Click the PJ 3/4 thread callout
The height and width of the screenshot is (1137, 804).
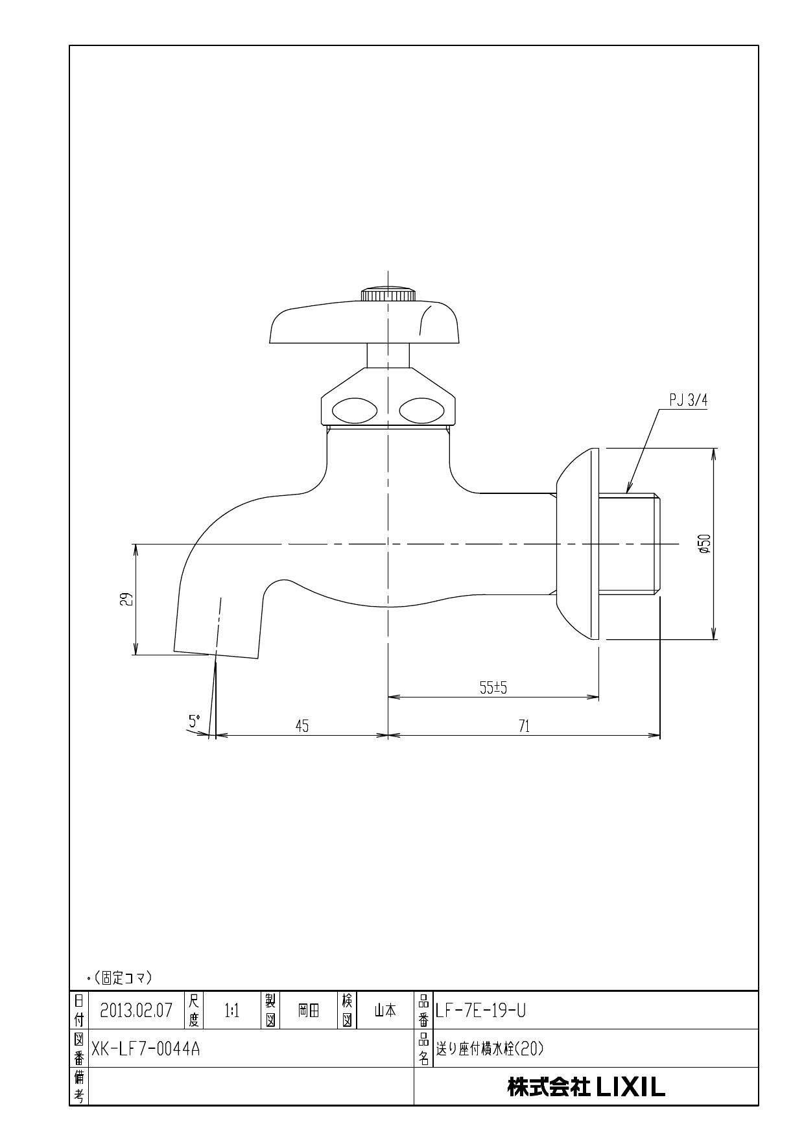688,401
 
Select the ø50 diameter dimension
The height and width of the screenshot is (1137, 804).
705,543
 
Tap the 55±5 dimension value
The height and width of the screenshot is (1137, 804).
493,688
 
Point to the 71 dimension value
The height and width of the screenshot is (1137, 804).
524,726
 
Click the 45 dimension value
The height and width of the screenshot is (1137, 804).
302,726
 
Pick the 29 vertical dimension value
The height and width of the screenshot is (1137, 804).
128,598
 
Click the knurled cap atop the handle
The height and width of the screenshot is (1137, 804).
388,294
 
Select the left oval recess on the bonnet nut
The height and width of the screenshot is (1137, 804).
353,410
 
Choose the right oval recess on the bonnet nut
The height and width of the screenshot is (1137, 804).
421,410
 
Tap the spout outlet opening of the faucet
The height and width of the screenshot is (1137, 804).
217,653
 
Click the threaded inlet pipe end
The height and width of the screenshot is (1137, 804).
628,543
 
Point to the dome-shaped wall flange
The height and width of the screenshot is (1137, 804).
577,543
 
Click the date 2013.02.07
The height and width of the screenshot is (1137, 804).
136,1010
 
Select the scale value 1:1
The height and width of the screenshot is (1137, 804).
231,1010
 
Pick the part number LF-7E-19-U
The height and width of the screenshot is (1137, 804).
480,1010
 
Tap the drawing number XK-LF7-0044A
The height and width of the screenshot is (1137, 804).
146,1048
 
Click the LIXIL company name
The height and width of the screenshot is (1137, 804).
586,1087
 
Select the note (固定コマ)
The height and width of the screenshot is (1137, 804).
123,977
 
